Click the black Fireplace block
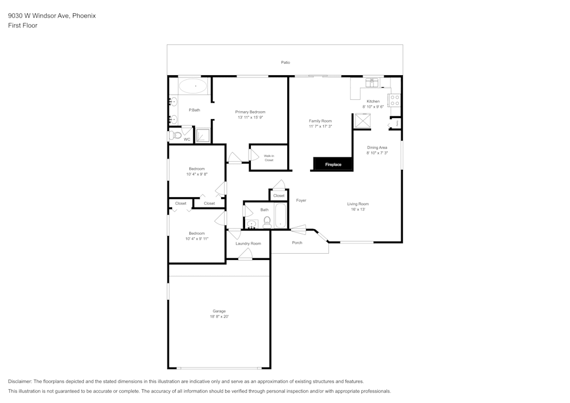coord(333,164)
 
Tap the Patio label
coord(285,62)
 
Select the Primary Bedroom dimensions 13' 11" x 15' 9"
coord(250,117)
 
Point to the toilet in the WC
coord(176,136)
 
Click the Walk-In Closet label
coord(268,157)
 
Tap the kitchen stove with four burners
coord(394,100)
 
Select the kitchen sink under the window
coord(372,82)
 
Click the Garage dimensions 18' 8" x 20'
coord(219,316)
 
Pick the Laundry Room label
coord(249,243)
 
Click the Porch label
coord(297,243)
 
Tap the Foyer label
coord(301,200)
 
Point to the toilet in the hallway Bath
coord(267,222)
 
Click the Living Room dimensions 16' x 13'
coord(358,209)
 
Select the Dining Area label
coord(377,148)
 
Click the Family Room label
coord(320,121)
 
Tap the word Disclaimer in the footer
coord(20,381)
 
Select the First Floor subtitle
coord(23,26)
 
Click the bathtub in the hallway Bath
coord(280,215)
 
